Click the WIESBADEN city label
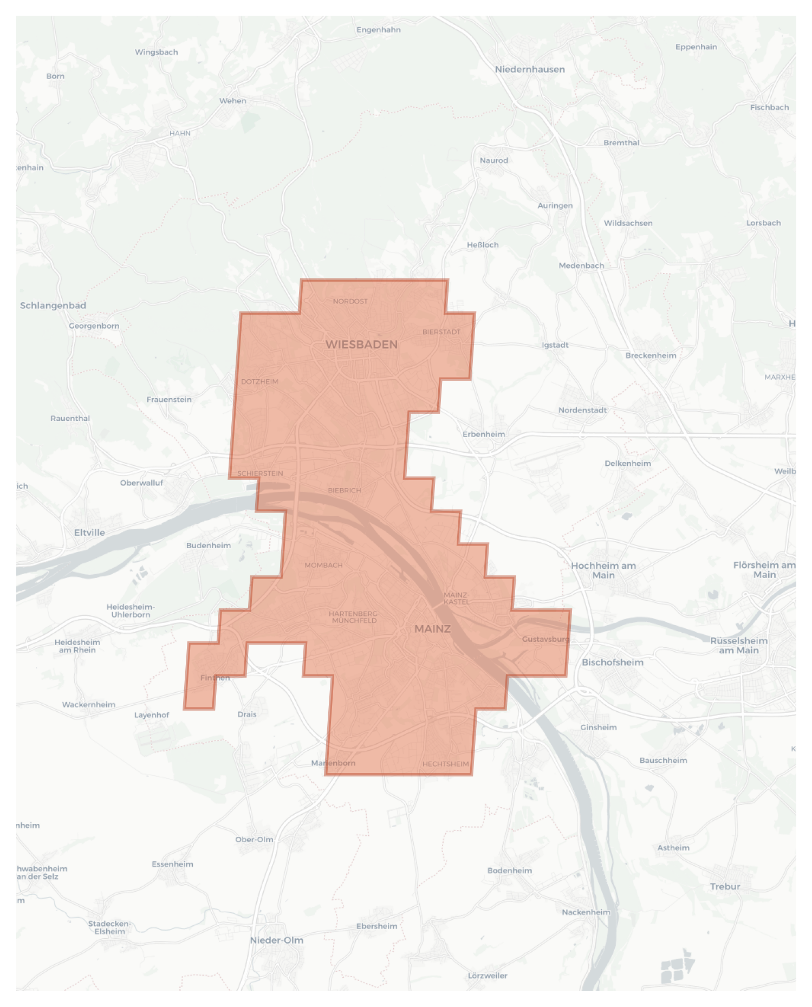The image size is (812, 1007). click(361, 345)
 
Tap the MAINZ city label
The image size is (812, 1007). click(432, 629)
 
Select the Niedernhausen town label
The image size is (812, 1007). click(530, 69)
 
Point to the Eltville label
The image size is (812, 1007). click(89, 532)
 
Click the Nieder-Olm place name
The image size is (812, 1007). click(276, 940)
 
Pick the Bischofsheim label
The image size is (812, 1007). click(613, 662)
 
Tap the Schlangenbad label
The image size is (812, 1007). click(53, 306)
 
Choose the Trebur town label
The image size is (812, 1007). click(725, 886)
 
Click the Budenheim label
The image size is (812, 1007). click(209, 545)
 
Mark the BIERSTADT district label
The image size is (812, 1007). click(441, 332)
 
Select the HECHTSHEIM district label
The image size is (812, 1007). click(445, 764)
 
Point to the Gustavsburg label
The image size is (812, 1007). click(545, 639)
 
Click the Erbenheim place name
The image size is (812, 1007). click(484, 434)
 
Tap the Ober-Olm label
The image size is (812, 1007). click(254, 840)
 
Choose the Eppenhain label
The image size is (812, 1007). click(696, 47)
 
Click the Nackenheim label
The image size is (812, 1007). click(586, 912)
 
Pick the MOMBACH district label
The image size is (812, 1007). click(323, 565)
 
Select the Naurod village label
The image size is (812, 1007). click(493, 160)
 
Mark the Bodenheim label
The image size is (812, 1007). click(510, 870)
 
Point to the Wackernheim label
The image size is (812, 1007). click(89, 705)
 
